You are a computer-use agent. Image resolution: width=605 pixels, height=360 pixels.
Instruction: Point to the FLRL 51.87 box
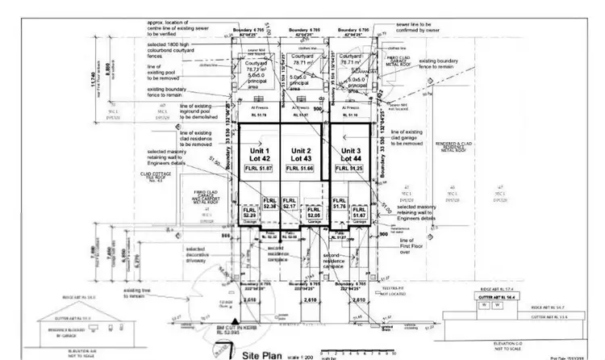click(x=259, y=168)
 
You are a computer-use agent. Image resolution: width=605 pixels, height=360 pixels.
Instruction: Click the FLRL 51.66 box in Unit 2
click(x=301, y=168)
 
